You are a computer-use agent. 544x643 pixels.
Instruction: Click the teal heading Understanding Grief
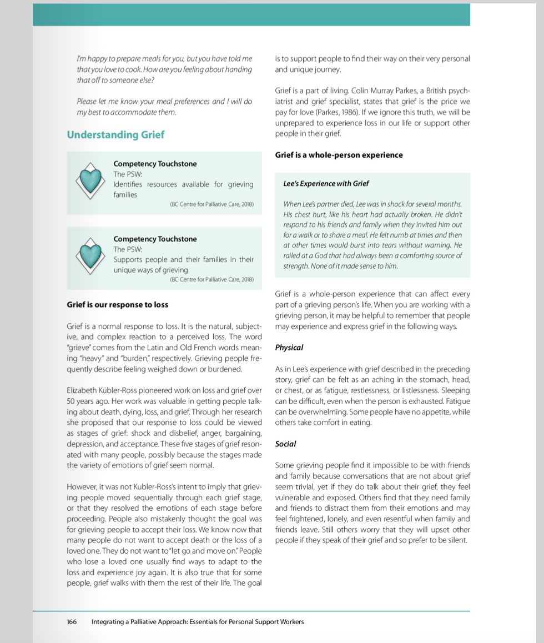tap(115, 135)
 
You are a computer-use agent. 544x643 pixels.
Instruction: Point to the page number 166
tap(72, 622)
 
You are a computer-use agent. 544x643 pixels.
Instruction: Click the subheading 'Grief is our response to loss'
tap(117, 305)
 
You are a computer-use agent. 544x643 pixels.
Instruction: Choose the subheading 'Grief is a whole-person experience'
tap(339, 155)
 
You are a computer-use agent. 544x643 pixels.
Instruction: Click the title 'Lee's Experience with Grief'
tap(326, 184)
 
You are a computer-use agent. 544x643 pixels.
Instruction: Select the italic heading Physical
tap(289, 348)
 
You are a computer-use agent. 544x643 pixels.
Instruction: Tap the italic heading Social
tap(285, 444)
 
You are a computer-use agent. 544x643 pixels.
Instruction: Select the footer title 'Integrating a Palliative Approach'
tap(197, 622)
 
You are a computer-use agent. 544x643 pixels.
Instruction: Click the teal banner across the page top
tap(251, 14)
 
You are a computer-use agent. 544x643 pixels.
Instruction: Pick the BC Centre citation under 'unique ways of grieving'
tap(211, 280)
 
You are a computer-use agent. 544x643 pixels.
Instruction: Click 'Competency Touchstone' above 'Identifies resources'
tap(155, 164)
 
